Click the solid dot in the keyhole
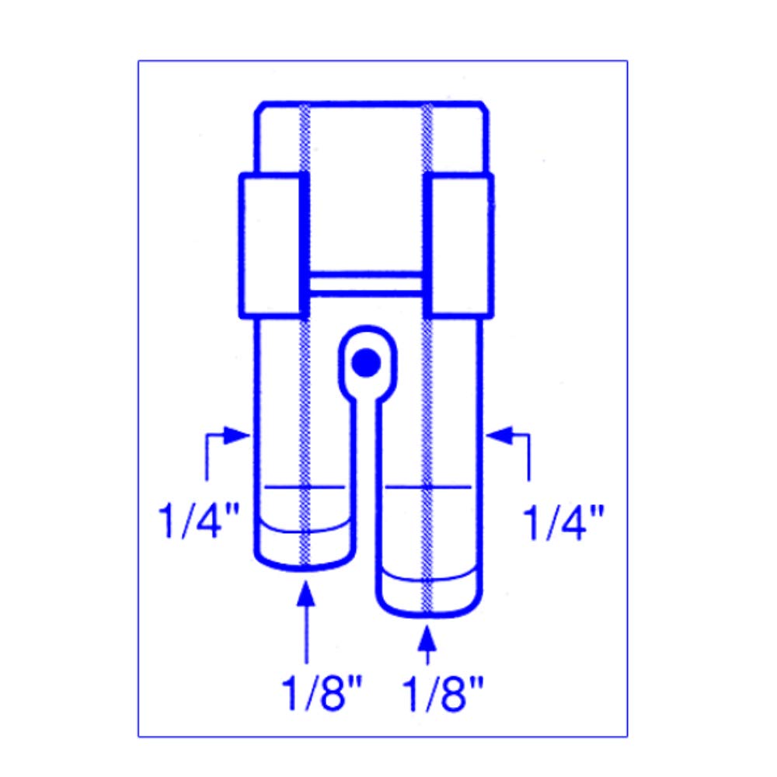[366, 363]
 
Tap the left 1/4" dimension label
[199, 521]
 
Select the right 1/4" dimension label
[563, 522]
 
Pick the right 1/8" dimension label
[443, 693]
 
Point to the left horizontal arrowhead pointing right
[237, 436]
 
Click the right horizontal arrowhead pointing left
[499, 436]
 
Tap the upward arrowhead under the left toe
[306, 593]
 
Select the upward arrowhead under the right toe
[427, 638]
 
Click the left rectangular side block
[272, 246]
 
